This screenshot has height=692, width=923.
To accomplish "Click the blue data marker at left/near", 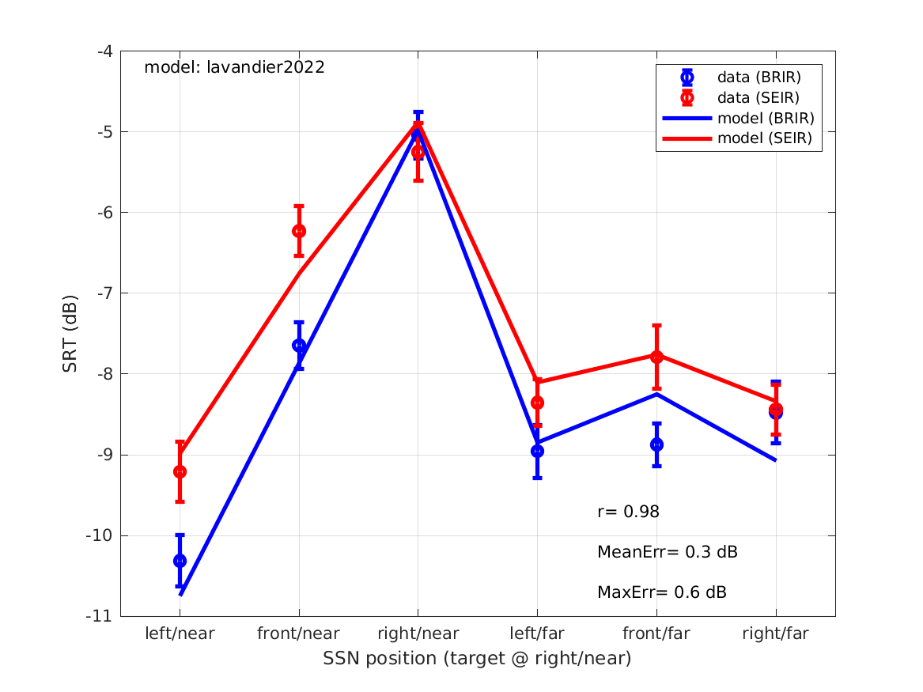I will pyautogui.click(x=180, y=561).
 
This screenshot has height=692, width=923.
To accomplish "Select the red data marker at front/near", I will pyautogui.click(x=299, y=231).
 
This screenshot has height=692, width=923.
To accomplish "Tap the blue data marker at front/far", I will pyautogui.click(x=656, y=444).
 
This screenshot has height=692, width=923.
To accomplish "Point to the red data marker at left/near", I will pyautogui.click(x=180, y=471).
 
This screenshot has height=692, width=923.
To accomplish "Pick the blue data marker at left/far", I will pyautogui.click(x=537, y=451).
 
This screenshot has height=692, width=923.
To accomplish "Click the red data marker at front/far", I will pyautogui.click(x=656, y=357).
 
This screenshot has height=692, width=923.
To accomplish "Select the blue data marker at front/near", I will pyautogui.click(x=299, y=346).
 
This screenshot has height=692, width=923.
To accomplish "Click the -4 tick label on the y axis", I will pyautogui.click(x=104, y=51).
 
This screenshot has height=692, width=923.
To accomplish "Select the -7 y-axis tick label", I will pyautogui.click(x=104, y=293).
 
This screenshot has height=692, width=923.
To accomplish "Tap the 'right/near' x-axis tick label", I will pyautogui.click(x=418, y=633).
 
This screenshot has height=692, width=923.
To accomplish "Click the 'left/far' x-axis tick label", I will pyautogui.click(x=537, y=633).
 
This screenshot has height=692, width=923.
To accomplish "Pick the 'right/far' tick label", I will pyautogui.click(x=776, y=633).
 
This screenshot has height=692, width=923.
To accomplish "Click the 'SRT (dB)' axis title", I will pyautogui.click(x=70, y=334).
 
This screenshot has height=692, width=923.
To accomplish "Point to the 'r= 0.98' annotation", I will pyautogui.click(x=628, y=512).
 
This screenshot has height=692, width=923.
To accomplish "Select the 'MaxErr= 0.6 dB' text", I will pyautogui.click(x=662, y=592).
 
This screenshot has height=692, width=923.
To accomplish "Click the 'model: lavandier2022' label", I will pyautogui.click(x=234, y=68).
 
